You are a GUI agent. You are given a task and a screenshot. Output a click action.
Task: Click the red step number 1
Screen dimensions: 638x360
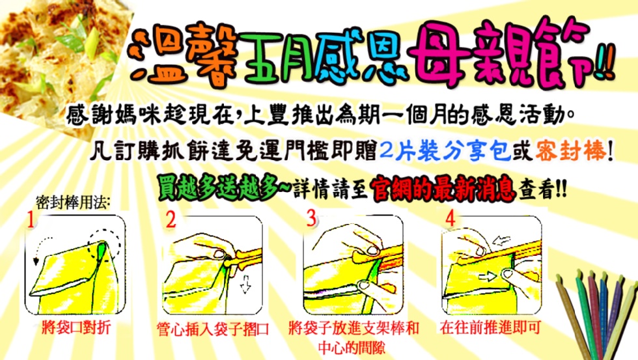pos(31,220)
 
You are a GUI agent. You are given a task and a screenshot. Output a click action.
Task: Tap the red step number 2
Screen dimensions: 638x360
pos(171,219)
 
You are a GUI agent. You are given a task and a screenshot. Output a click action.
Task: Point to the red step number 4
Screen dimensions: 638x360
pos(451,219)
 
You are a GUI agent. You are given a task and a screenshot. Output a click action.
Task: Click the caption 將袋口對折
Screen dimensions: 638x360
pos(76,327)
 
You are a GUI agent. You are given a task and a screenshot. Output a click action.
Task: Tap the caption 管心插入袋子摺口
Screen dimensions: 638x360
pos(213,329)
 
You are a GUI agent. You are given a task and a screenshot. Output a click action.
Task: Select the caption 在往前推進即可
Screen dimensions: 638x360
pos(490,327)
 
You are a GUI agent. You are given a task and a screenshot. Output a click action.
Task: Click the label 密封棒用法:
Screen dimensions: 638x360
pos(73,202)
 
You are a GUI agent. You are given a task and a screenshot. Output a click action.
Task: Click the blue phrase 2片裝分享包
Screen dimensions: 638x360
pos(445,151)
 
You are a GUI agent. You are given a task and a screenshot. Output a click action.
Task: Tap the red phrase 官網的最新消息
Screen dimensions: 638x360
pos(443,188)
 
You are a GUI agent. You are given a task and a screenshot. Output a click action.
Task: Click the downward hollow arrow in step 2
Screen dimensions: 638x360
pos(245,284)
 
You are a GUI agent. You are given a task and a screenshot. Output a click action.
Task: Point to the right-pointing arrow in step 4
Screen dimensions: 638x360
pos(488,277)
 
